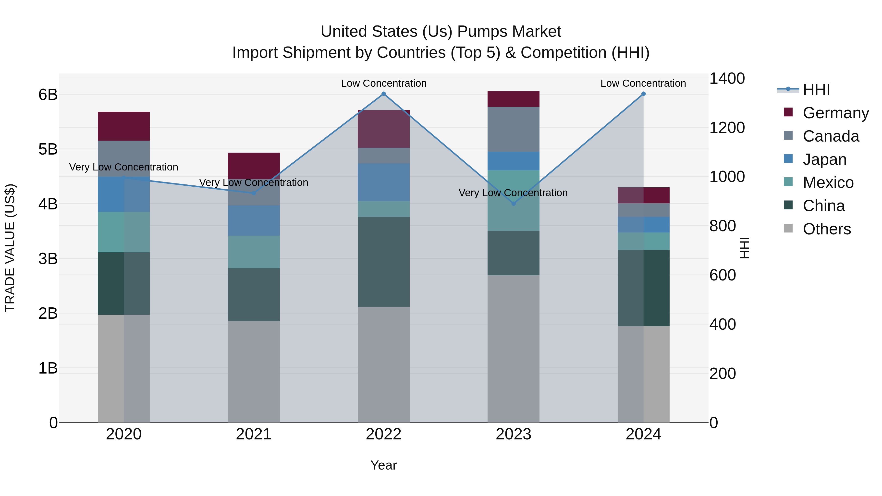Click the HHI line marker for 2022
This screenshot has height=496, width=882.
tap(383, 94)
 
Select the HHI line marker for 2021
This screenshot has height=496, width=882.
tap(254, 193)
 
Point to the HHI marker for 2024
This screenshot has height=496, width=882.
tap(643, 94)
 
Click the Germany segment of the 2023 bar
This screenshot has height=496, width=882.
tap(513, 99)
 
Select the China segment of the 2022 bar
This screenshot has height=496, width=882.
tap(383, 262)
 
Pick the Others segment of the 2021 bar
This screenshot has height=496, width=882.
tap(254, 371)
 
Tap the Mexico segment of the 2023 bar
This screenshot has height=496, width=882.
tap(513, 200)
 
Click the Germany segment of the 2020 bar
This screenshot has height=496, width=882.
tap(124, 126)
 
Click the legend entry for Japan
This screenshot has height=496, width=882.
tap(824, 159)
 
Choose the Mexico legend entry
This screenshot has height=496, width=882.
tap(828, 182)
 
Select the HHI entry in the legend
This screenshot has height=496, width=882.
tap(816, 90)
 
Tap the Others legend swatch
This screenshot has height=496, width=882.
tap(788, 228)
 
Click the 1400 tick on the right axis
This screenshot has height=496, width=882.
tap(727, 78)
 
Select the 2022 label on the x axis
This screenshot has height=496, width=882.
tap(383, 434)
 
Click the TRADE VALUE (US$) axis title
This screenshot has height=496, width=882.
tap(10, 248)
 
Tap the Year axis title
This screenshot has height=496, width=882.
tap(383, 465)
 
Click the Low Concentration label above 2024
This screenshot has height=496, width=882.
tap(643, 83)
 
